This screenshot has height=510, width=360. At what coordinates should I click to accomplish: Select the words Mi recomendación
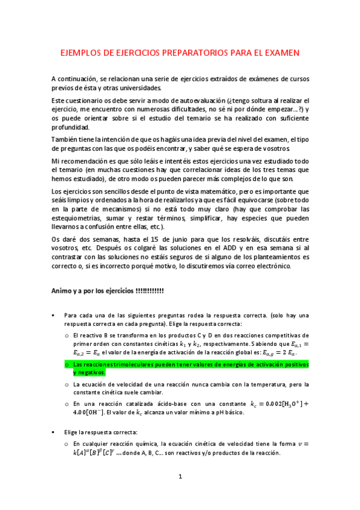tap(80, 162)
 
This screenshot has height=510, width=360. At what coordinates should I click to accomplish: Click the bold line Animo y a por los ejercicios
tap(108, 291)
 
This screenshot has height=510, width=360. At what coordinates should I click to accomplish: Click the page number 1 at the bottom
tap(180, 493)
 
